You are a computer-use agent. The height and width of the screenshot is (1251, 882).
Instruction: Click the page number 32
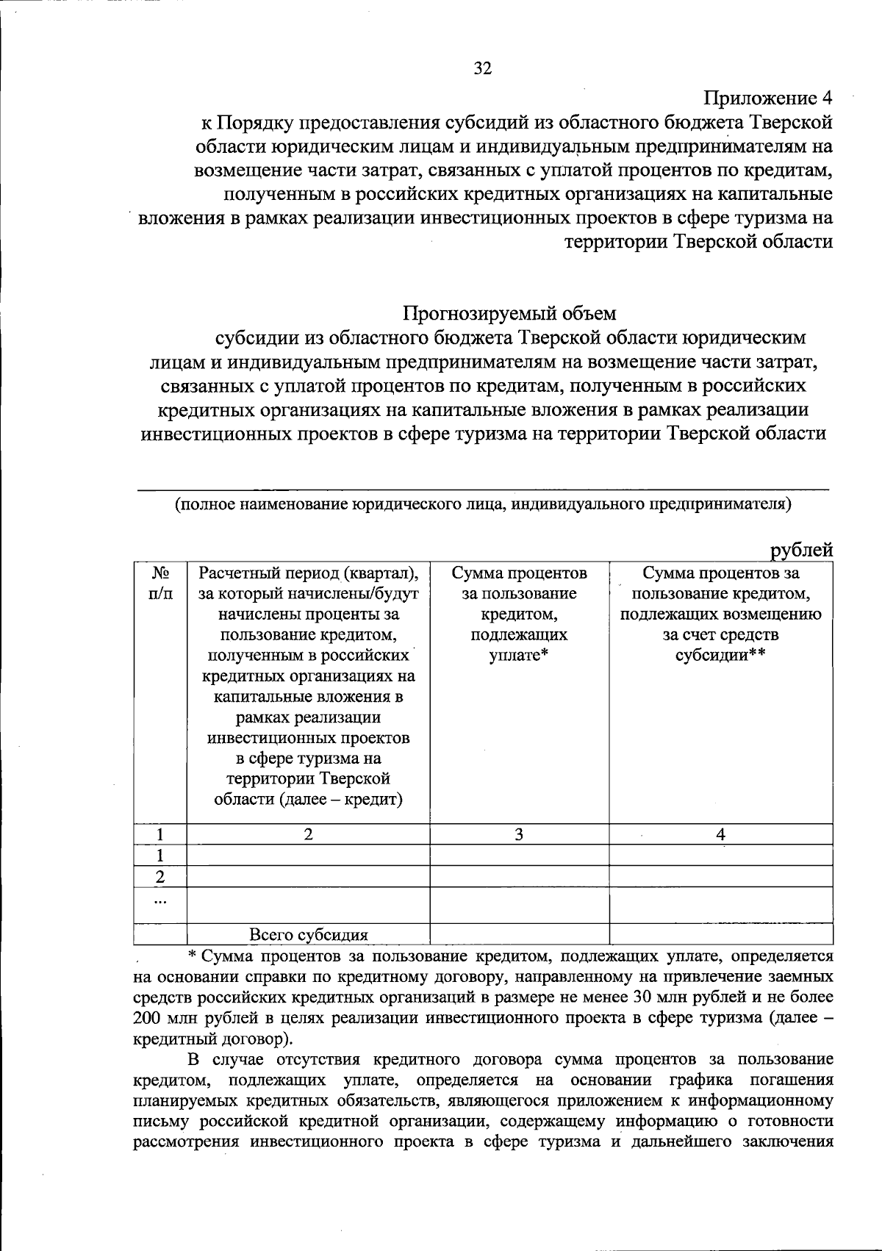pos(481,69)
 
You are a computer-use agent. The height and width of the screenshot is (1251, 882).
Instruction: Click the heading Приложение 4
pos(768,98)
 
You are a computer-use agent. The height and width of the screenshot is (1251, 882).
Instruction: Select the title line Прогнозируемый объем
pos(509,313)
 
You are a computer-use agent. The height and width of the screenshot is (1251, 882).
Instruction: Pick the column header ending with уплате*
pos(519,614)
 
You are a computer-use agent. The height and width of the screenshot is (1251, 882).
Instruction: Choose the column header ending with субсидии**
pos(720,614)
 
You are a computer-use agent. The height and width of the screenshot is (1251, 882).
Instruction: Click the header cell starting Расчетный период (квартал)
pos(308,685)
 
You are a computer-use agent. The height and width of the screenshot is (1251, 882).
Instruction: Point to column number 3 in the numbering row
pos(519,834)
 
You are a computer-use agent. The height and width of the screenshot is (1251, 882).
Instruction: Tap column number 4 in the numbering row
pos(720,834)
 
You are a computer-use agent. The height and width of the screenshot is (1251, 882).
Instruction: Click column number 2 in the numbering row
pos(308,834)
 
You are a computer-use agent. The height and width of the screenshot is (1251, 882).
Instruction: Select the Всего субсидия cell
pos(308,935)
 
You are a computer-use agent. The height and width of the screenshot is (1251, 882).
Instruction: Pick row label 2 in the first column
pos(160,877)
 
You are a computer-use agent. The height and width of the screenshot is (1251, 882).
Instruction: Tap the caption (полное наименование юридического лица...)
pos(483,504)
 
